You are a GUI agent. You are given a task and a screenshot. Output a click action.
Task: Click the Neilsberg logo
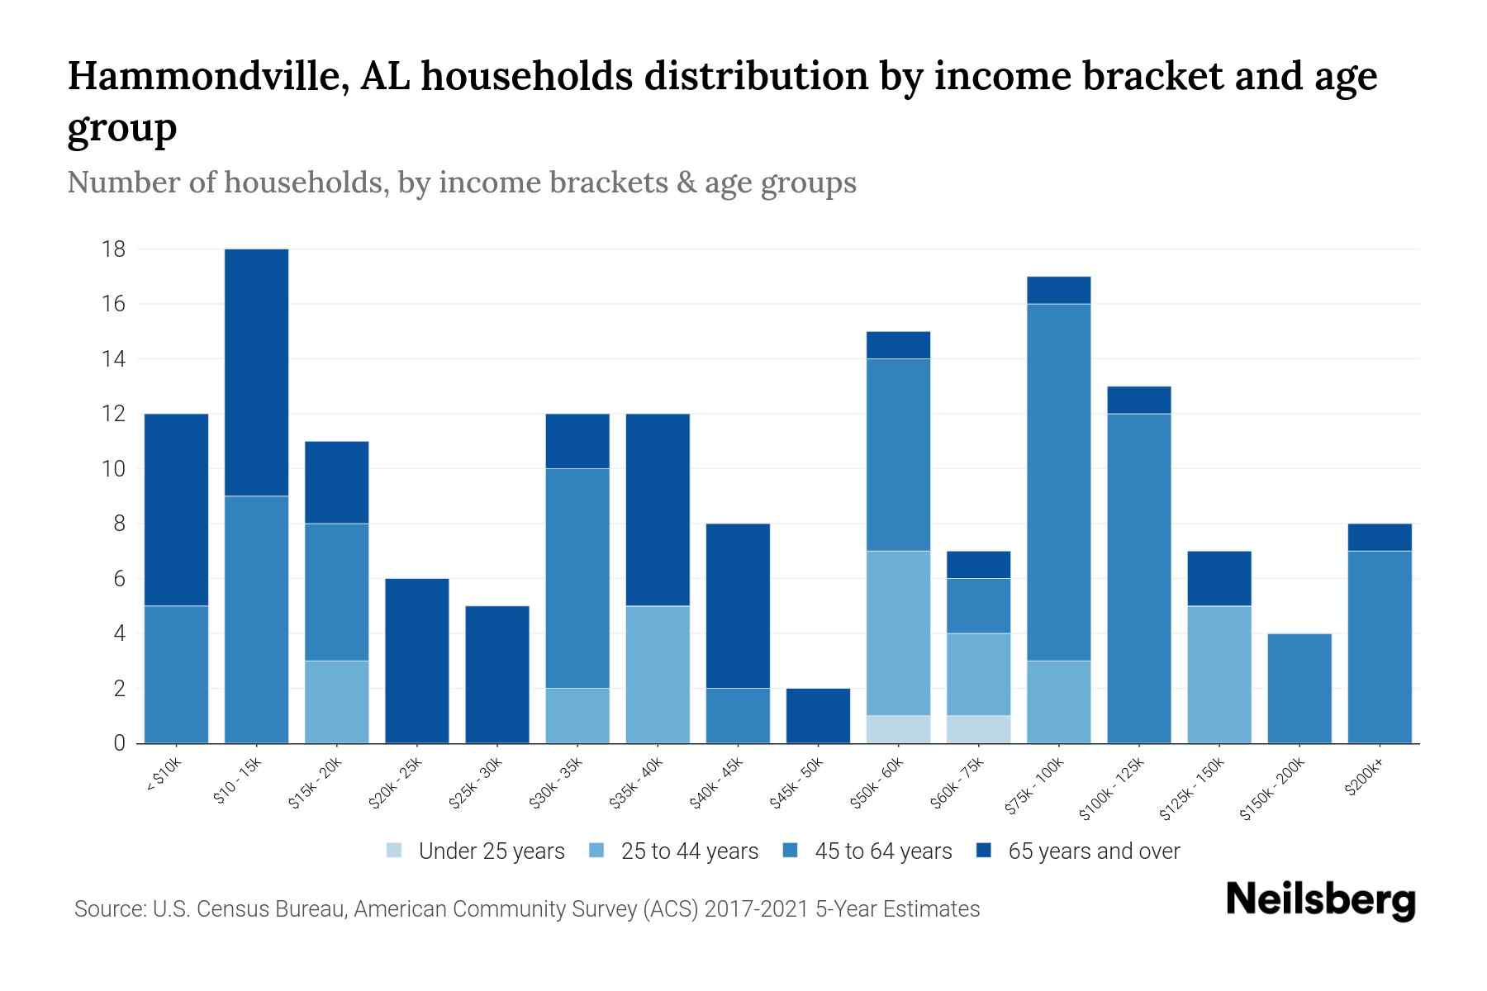1320,900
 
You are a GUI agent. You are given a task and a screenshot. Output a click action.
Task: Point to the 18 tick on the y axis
113,249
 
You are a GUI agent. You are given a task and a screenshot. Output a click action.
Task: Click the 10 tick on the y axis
113,469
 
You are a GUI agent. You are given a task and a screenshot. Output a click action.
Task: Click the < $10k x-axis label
163,775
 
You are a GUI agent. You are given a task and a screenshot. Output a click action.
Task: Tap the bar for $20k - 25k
417,661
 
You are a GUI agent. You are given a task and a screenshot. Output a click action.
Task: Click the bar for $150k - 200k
1299,689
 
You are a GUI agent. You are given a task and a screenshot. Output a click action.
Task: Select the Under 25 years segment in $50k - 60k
899,729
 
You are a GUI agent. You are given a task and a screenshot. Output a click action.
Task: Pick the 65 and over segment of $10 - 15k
257,372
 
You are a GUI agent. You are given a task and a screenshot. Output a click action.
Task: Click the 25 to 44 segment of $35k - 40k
658,675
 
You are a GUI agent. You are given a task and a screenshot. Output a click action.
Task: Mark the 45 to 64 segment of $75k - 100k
1059,482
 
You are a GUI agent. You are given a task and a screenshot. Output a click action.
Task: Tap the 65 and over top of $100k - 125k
1139,400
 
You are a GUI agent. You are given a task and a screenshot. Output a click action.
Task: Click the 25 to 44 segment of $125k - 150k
1219,675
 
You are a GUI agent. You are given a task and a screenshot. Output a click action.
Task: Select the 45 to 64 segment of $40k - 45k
738,716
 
